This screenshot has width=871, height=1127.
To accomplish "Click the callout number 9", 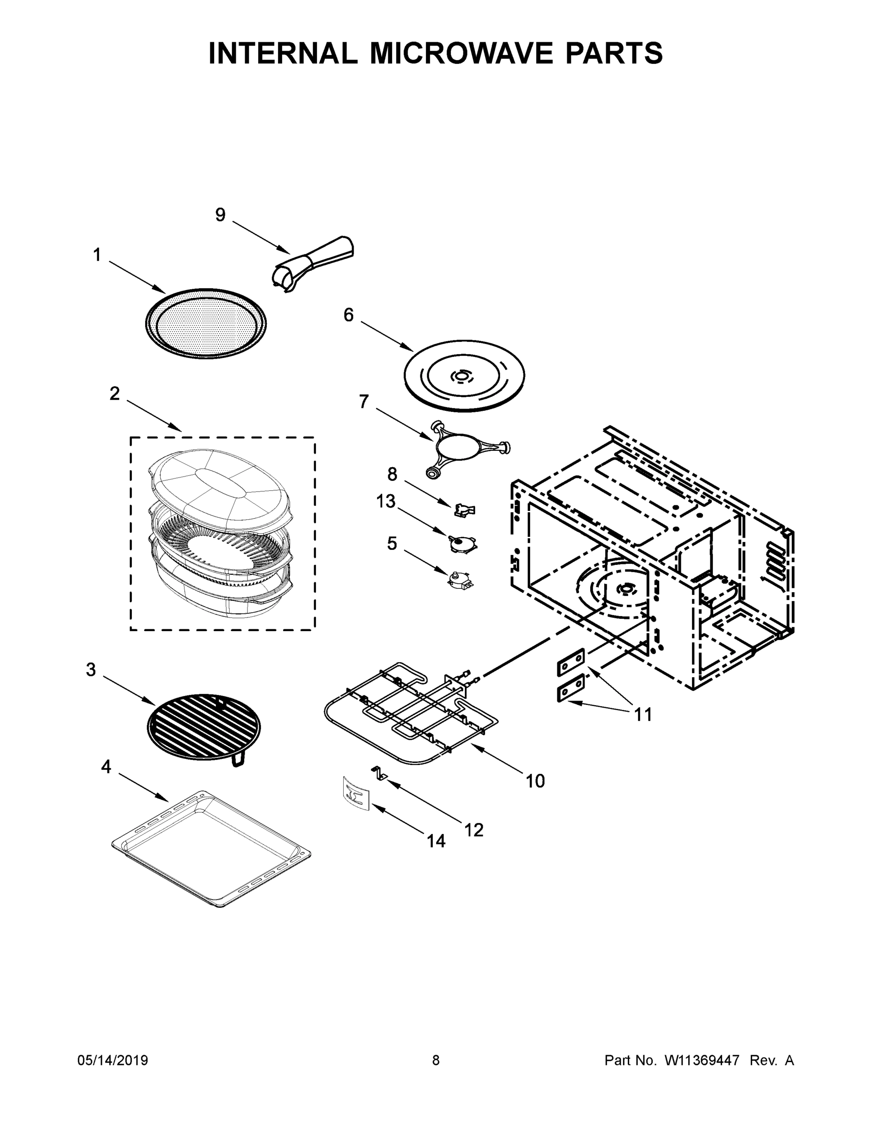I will click(x=220, y=215).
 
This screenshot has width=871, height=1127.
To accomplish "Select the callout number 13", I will click(x=385, y=501).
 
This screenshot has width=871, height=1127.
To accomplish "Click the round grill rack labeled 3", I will click(x=204, y=727).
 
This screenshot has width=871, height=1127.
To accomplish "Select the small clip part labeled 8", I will click(x=464, y=511).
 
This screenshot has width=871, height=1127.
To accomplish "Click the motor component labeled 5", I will click(x=461, y=580).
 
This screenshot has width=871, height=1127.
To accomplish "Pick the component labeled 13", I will click(x=462, y=544).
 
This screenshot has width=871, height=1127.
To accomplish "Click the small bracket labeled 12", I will click(x=380, y=772).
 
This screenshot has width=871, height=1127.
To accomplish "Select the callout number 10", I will click(x=535, y=781).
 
